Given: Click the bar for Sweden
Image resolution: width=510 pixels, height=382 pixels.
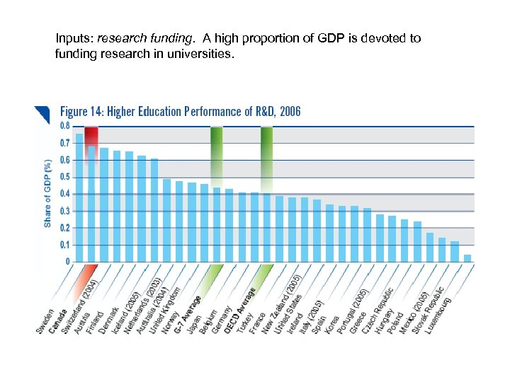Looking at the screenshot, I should pos(79,198).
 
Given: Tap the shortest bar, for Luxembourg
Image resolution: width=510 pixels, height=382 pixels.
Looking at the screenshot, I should pos(467,259).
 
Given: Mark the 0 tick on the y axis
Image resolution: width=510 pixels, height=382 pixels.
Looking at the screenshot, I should pos(68,262).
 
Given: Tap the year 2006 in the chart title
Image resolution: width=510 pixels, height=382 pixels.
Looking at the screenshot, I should pos(290,112).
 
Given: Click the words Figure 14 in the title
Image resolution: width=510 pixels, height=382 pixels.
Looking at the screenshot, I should pos(81,112).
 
